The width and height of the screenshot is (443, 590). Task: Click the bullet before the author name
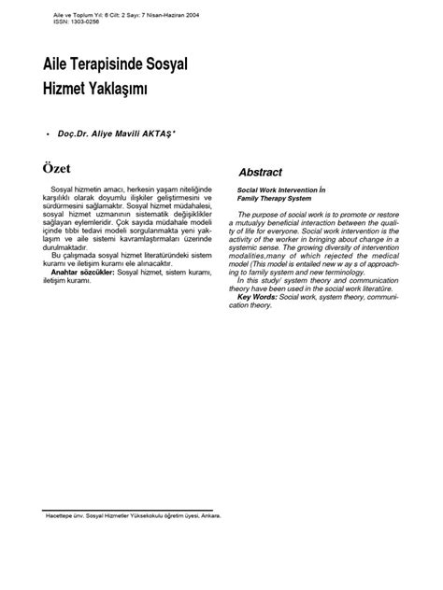click(47, 136)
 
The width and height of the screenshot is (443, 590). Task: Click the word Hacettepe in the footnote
click(62, 514)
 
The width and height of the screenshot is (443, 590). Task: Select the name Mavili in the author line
click(134, 136)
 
